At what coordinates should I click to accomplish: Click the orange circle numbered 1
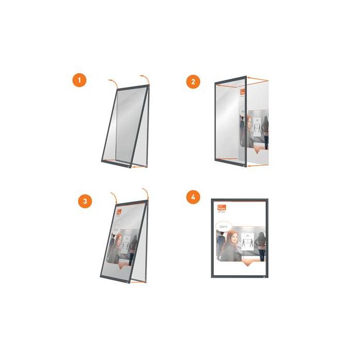click(x=79, y=81)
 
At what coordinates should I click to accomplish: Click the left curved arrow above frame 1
click(x=113, y=82)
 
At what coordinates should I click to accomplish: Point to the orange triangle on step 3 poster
click(x=122, y=267)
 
